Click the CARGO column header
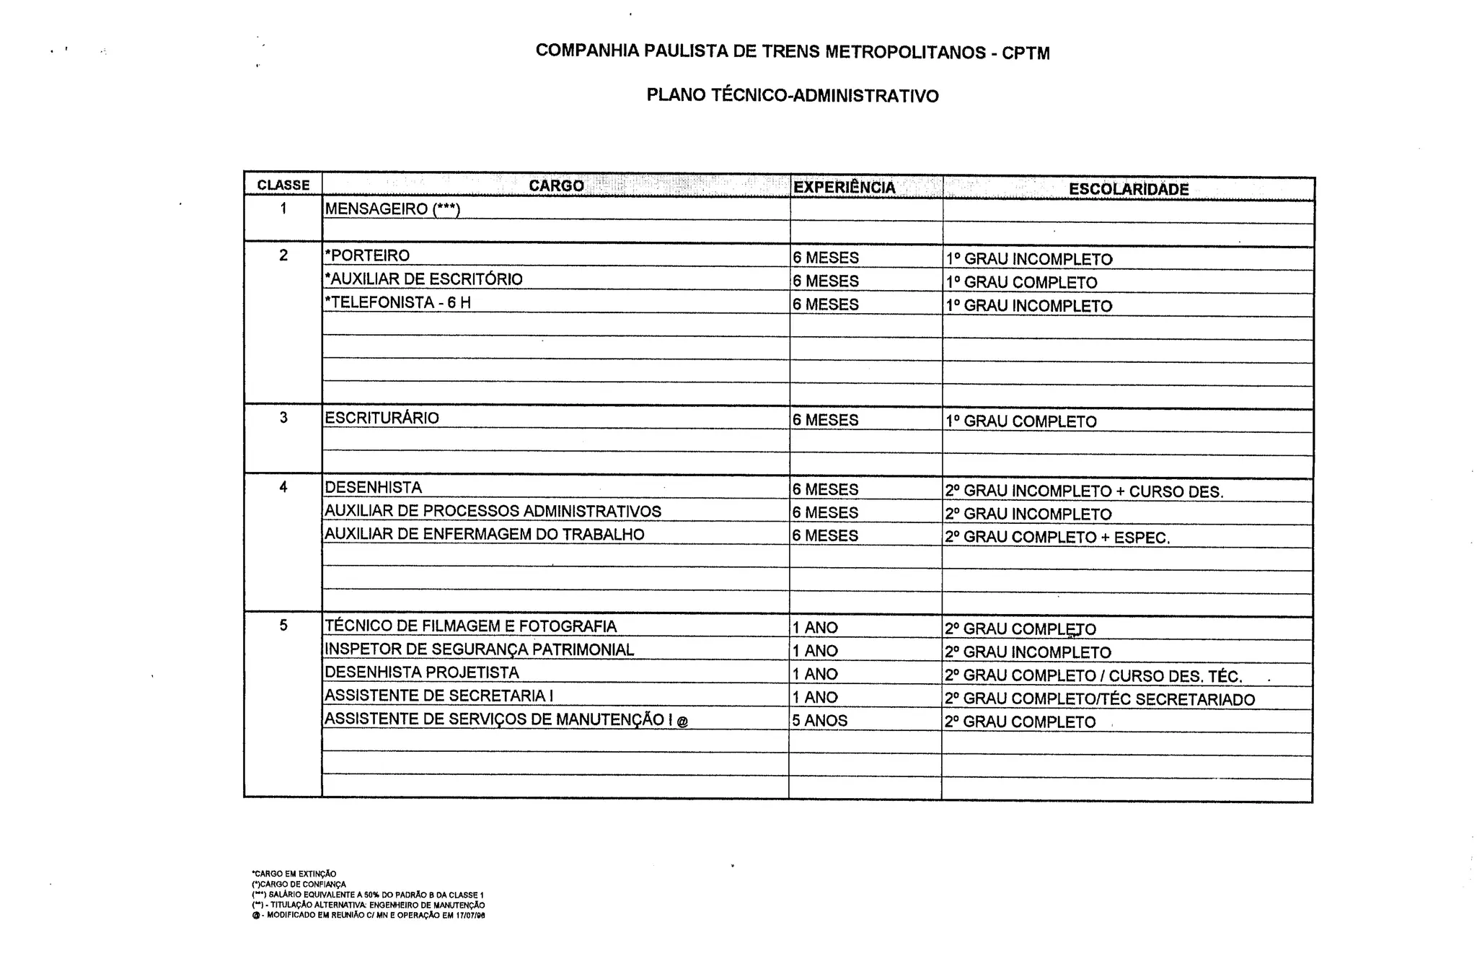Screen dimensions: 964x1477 [556, 186]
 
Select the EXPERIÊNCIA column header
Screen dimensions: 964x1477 [844, 188]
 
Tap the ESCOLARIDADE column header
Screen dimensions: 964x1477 [1129, 189]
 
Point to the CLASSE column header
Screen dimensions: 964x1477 [283, 185]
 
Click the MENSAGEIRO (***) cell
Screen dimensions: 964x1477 [392, 209]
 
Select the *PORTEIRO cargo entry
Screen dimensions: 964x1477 [367, 255]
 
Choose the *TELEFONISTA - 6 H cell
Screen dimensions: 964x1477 [397, 302]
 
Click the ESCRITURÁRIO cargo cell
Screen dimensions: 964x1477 [382, 418]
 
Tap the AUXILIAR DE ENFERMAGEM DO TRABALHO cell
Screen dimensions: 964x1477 [484, 535]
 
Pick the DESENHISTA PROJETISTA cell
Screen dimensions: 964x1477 [422, 672]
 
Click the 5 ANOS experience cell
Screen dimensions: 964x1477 [820, 720]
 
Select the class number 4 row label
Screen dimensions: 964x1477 [283, 487]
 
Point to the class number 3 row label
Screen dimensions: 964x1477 [283, 418]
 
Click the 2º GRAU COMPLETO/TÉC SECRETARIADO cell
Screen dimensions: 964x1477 [1099, 699]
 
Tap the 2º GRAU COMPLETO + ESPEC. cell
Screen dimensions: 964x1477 [1057, 538]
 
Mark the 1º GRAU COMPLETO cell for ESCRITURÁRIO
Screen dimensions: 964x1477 [1021, 422]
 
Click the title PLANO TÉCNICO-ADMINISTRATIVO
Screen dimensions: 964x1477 [793, 96]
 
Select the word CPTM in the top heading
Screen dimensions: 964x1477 [1026, 53]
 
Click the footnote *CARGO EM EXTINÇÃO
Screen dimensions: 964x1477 [294, 874]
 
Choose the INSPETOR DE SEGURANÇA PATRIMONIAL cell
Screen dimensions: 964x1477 [479, 649]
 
